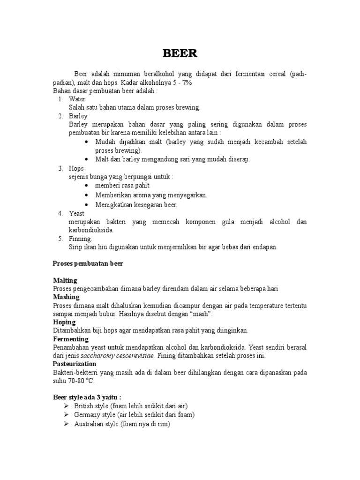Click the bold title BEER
(180, 54)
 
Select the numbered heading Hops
(76, 168)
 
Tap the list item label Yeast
(76, 213)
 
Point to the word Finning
(81, 239)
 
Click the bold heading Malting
(65, 280)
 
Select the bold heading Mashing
(67, 297)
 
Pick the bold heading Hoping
(65, 322)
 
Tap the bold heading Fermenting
(71, 339)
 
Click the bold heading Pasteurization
(75, 364)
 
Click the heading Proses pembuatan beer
(88, 263)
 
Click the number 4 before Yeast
(60, 213)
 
